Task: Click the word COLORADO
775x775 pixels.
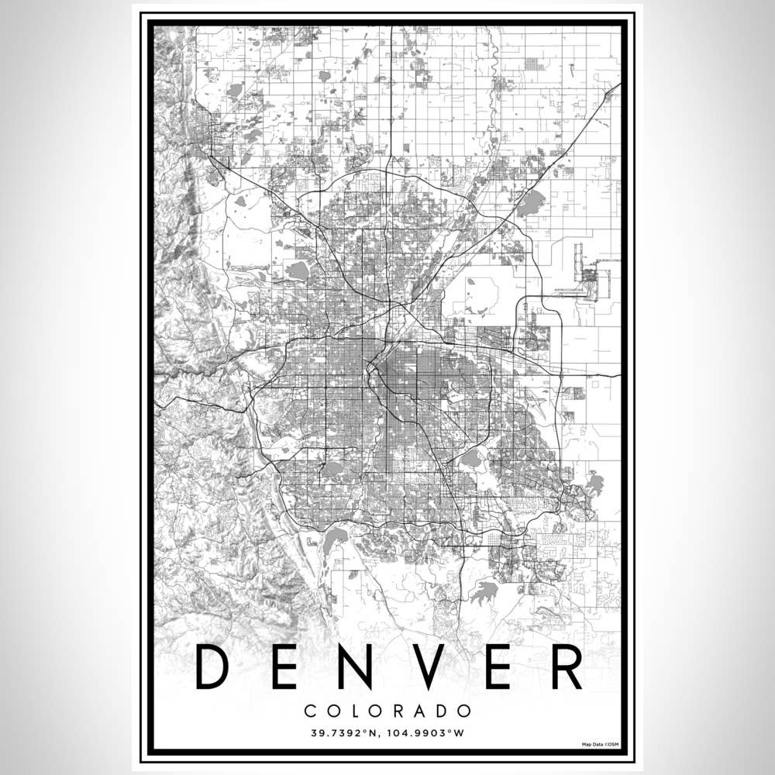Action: point(387,711)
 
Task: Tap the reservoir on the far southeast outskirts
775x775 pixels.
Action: point(594,484)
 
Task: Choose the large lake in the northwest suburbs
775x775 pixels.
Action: point(298,270)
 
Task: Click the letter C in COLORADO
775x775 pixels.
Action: point(310,711)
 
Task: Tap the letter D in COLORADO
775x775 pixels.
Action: point(443,711)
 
